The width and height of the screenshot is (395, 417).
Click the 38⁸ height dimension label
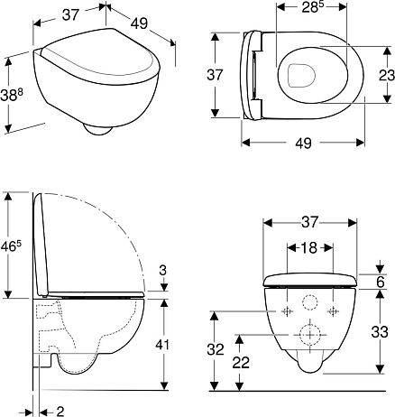(12, 96)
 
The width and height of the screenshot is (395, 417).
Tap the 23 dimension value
(387, 75)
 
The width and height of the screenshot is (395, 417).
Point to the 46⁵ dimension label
(11, 246)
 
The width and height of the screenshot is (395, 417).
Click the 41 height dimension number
(162, 345)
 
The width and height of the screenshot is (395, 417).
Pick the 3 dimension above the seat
(162, 271)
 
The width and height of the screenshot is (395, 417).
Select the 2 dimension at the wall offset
(60, 411)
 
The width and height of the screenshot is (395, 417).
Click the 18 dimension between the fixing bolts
(309, 248)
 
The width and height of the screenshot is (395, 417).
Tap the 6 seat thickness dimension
(381, 283)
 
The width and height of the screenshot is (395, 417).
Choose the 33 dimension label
(380, 333)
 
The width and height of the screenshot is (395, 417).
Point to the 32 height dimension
(216, 349)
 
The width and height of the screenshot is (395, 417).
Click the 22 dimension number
(241, 363)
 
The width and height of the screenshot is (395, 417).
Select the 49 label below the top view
(303, 144)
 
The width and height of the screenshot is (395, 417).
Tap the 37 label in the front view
(309, 222)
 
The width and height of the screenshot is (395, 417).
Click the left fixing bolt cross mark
(287, 311)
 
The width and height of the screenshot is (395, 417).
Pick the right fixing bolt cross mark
(333, 311)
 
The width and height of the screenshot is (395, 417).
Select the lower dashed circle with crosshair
(310, 335)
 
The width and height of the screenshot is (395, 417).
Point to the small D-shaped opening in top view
(301, 75)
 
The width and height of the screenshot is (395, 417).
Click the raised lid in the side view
(41, 245)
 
